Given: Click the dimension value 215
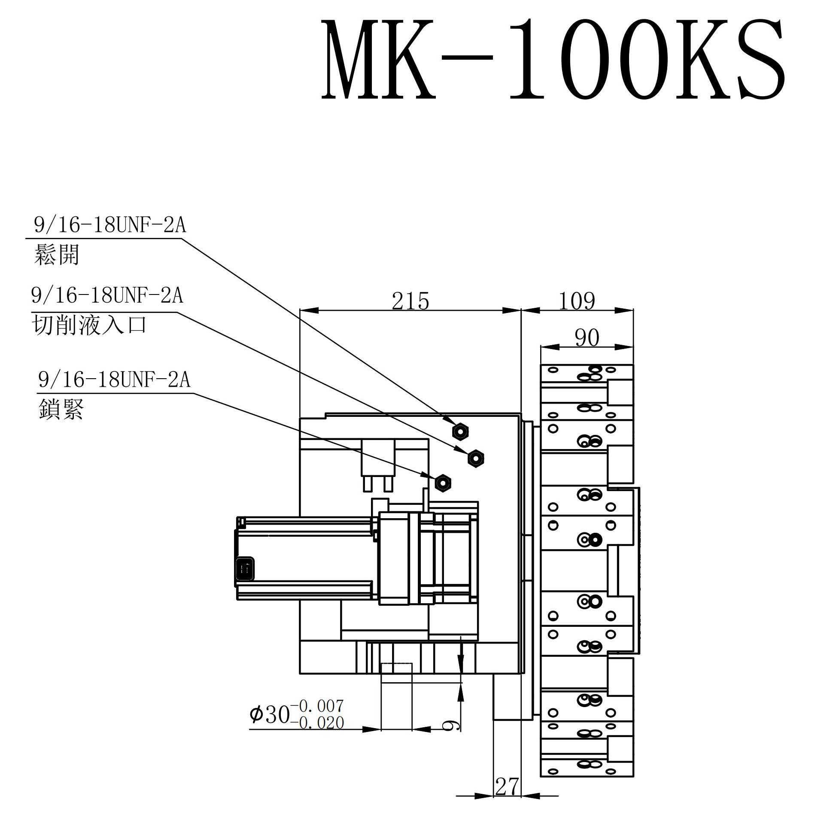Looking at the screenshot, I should pyautogui.click(x=410, y=301).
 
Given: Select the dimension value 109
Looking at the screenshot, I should pyautogui.click(x=577, y=301).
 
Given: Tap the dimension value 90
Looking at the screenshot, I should pyautogui.click(x=587, y=338).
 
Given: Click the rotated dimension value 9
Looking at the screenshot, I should pyautogui.click(x=453, y=725).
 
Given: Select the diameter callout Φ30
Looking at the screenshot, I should pyautogui.click(x=270, y=714).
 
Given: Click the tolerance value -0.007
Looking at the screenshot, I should pyautogui.click(x=317, y=705).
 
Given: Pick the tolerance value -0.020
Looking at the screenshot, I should pyautogui.click(x=317, y=723).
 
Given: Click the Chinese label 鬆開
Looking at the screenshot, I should pyautogui.click(x=56, y=255).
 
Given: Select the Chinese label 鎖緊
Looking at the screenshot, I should pyautogui.click(x=61, y=410).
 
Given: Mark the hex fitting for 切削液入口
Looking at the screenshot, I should pyautogui.click(x=475, y=459).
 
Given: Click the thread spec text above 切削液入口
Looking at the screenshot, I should pyautogui.click(x=107, y=296).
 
